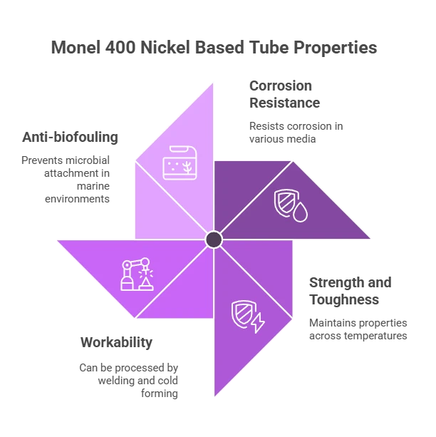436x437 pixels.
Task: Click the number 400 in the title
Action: coord(120,47)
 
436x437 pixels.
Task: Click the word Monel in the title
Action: coord(76,47)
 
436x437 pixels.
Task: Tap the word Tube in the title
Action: coord(269,47)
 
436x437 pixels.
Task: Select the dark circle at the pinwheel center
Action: coord(214,240)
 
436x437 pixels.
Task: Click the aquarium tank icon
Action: coord(180,163)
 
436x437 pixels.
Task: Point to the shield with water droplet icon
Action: coord(291,206)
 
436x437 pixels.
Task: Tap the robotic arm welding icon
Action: coord(137,274)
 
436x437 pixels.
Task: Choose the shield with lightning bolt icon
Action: coord(248,317)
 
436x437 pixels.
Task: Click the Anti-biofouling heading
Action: coord(71,137)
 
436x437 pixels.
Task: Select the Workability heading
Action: coord(116,342)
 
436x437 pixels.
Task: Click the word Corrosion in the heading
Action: coord(281,86)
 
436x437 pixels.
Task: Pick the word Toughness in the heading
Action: coord(344,300)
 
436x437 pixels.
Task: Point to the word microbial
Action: coord(88,160)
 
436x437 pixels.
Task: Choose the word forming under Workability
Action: coord(160,394)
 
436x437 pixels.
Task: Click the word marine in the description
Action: coord(93,186)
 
